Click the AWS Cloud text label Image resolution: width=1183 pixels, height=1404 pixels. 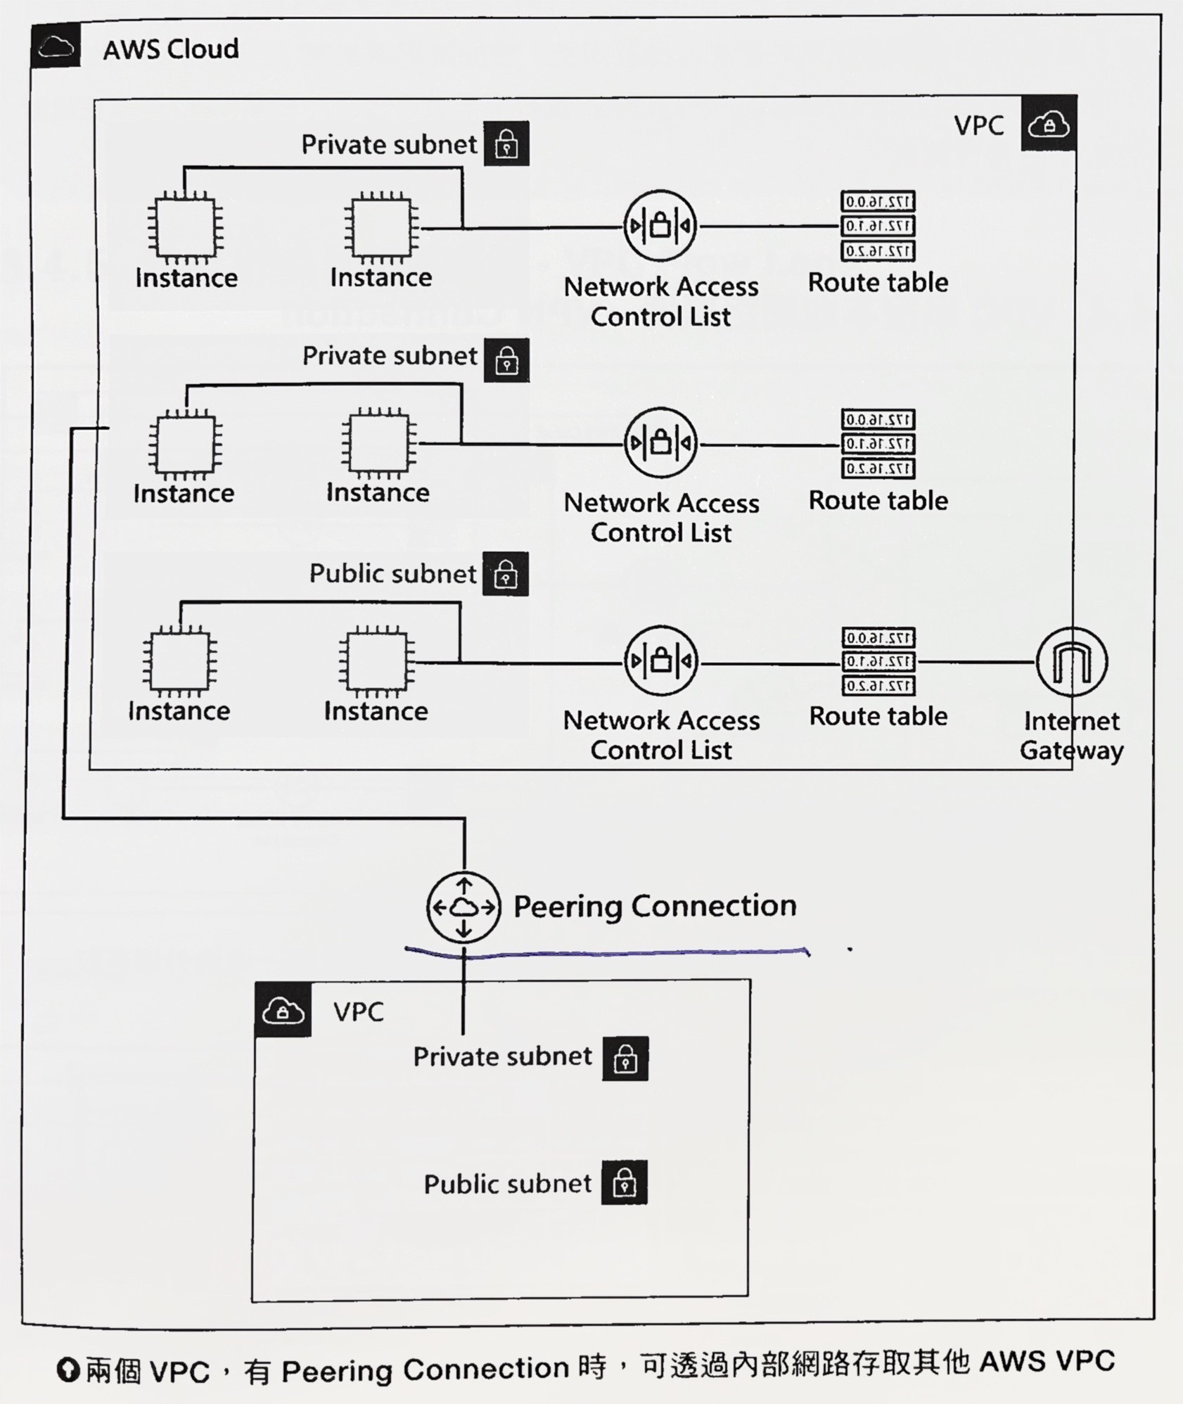click(171, 49)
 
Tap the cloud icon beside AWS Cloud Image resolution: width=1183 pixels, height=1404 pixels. click(56, 46)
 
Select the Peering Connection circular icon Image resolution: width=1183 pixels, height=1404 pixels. click(463, 907)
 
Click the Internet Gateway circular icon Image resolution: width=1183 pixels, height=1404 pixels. click(1071, 662)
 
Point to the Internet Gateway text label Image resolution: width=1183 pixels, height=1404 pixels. click(1071, 736)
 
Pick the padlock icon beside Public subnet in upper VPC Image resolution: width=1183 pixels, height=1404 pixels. click(506, 574)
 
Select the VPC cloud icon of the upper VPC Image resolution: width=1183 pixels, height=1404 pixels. click(1049, 125)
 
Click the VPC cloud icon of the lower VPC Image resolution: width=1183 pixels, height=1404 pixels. click(283, 1011)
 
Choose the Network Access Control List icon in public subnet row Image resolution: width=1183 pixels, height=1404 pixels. click(660, 661)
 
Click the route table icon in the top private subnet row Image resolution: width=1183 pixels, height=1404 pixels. click(878, 226)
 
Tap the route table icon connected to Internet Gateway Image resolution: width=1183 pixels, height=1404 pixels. click(878, 662)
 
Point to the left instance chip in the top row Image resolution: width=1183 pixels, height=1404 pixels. click(186, 227)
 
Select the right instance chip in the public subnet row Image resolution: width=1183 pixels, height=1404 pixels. click(376, 662)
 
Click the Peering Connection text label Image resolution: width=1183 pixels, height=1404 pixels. click(655, 906)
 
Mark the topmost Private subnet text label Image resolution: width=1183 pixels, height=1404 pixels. click(389, 144)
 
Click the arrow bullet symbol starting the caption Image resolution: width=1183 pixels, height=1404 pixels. click(68, 1370)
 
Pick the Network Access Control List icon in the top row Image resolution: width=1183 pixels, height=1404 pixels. click(660, 226)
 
